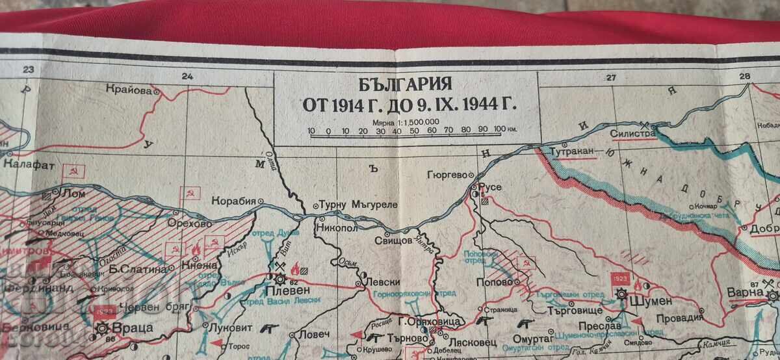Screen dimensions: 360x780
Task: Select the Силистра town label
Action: (632, 134)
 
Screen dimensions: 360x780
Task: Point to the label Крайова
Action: (131, 92)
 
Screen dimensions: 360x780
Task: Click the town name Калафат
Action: (25, 165)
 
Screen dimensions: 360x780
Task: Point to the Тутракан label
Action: (573, 151)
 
